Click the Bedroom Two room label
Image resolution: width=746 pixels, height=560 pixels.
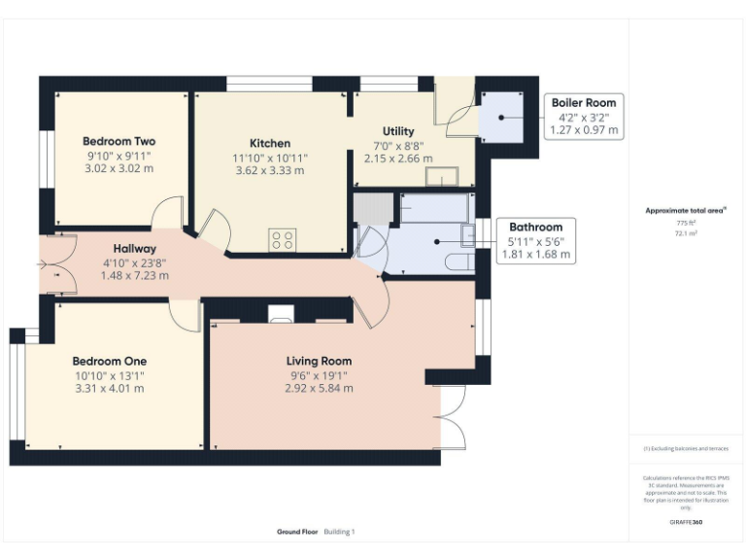[119, 141]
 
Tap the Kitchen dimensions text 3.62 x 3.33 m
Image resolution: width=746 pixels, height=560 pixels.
[269, 170]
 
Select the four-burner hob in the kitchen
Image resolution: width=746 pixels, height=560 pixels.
[282, 239]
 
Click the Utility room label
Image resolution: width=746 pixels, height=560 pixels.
[398, 131]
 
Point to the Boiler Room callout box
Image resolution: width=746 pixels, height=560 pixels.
[584, 116]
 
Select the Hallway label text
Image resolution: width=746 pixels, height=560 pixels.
[135, 248]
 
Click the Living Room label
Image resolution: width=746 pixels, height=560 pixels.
[318, 361]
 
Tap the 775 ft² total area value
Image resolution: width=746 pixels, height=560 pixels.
[686, 223]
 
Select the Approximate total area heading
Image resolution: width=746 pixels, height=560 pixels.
[685, 210]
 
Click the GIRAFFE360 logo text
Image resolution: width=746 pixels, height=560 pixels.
[686, 522]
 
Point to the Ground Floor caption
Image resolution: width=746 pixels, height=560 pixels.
[295, 532]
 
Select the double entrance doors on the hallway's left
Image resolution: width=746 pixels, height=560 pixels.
[54, 263]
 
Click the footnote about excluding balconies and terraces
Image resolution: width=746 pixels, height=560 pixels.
[686, 449]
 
